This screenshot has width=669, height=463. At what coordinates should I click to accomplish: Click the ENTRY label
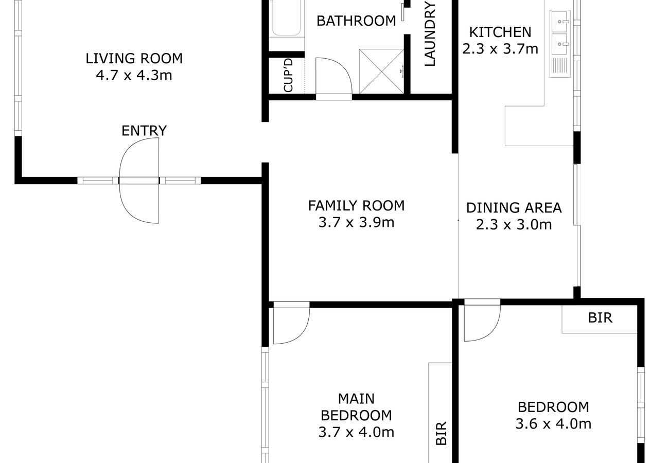[144, 131]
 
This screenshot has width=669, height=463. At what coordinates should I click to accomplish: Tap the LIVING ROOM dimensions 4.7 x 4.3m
[134, 75]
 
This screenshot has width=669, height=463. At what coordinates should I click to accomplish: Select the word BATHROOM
[356, 21]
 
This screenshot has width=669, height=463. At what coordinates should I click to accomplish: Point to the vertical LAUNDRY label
[430, 34]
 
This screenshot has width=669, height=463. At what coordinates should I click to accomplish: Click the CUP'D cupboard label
[288, 75]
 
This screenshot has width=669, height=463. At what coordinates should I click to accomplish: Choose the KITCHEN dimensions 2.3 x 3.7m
[500, 49]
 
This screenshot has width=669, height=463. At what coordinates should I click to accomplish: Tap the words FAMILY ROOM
[356, 206]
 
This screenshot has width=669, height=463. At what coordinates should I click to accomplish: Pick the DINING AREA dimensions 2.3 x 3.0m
[514, 224]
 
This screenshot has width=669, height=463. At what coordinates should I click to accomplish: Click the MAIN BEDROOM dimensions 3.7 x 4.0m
[356, 432]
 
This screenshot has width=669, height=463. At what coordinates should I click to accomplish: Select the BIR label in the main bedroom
[441, 433]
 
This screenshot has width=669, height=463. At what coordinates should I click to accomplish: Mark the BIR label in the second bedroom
[600, 317]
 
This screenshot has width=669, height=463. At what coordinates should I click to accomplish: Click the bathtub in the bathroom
[287, 18]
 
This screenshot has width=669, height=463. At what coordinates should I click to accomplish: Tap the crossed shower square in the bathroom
[381, 72]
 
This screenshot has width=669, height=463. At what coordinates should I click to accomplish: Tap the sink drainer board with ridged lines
[559, 66]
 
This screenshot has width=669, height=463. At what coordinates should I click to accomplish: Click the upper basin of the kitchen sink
[559, 22]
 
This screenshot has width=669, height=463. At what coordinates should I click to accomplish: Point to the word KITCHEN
[500, 32]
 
